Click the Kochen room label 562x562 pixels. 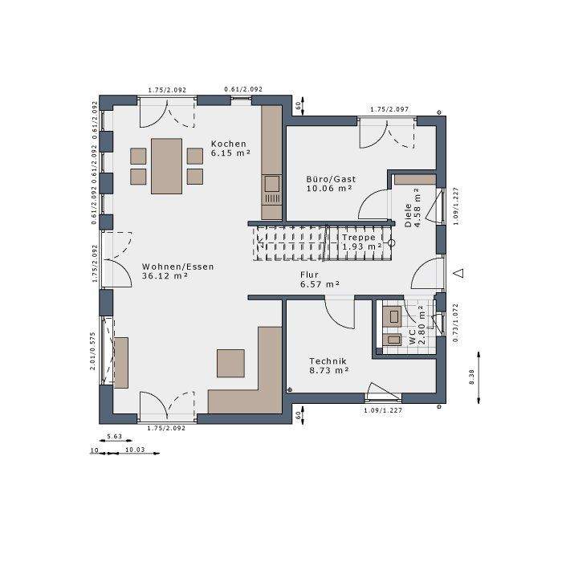tap(229, 143)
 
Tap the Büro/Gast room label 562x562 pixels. tap(331, 179)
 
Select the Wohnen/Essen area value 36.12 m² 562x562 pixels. tap(165, 275)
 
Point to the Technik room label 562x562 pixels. tap(329, 361)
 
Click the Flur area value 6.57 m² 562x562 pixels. tap(320, 284)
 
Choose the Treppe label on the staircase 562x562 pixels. tap(358, 238)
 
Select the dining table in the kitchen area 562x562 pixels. tap(166, 165)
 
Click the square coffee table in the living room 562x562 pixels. tap(231, 363)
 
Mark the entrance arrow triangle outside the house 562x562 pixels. tap(458, 274)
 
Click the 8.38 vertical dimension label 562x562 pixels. tap(472, 376)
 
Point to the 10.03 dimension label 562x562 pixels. tap(135, 451)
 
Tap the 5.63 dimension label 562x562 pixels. tap(113, 438)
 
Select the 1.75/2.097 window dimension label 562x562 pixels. tap(389, 109)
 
